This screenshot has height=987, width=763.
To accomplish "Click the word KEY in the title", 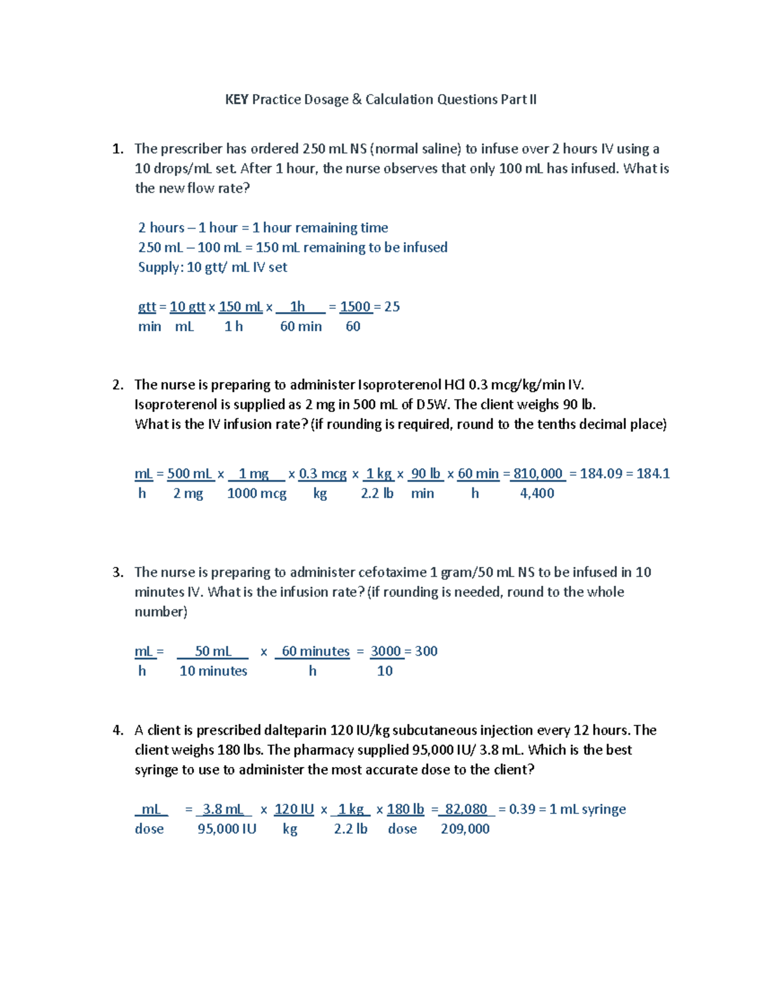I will [x=237, y=99].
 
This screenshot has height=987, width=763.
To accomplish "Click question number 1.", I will [x=117, y=149].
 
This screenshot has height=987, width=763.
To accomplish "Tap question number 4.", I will [x=117, y=730].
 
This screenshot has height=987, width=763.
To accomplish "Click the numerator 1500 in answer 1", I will [x=355, y=307].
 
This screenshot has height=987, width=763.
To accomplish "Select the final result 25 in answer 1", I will [x=392, y=307].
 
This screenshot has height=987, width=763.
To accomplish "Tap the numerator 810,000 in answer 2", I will [x=537, y=473].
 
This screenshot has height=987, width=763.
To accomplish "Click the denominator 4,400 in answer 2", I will [x=537, y=493].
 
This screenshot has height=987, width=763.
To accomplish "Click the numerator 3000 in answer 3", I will [x=385, y=651].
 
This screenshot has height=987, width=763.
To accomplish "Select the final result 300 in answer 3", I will [x=426, y=651].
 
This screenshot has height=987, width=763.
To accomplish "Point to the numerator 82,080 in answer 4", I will [x=465, y=809].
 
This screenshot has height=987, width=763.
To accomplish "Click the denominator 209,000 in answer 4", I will [x=465, y=829].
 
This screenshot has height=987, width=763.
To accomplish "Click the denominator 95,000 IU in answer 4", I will [x=226, y=829].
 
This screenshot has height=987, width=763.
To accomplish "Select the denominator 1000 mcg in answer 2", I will [x=256, y=493].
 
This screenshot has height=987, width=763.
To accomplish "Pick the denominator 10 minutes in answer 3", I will [x=213, y=671].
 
